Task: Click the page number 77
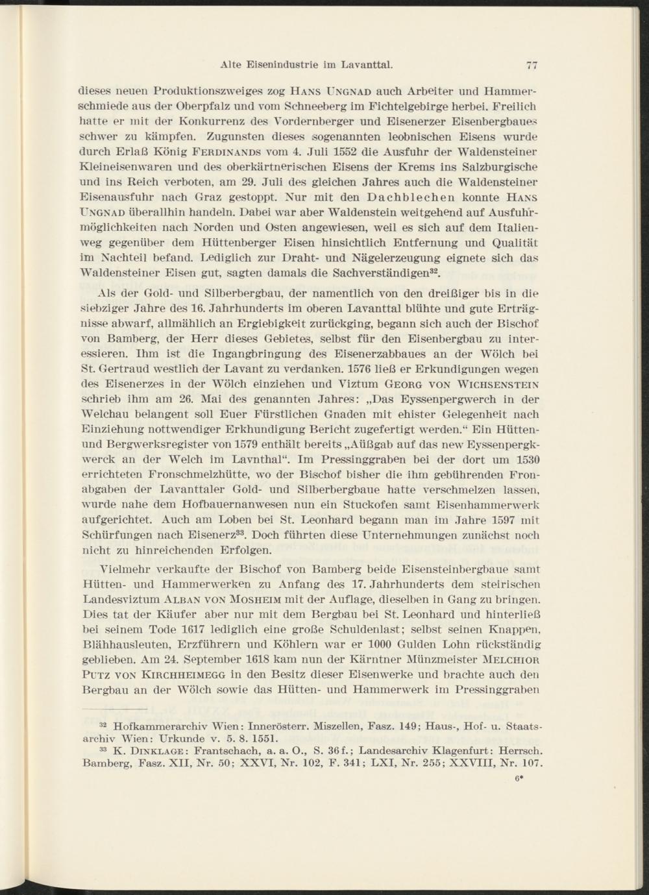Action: click(x=533, y=64)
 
